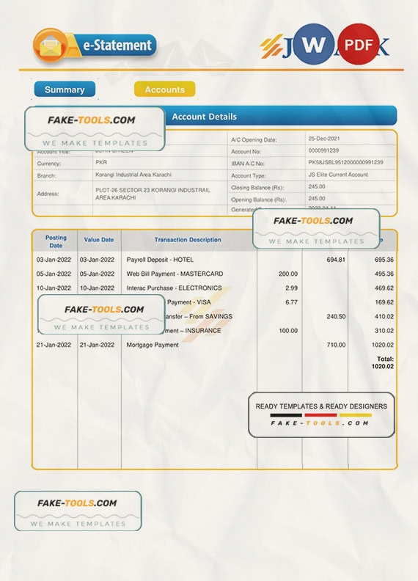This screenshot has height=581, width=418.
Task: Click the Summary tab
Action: [65, 89]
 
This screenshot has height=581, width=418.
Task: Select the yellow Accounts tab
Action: [164, 89]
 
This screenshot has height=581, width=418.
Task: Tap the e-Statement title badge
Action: [118, 45]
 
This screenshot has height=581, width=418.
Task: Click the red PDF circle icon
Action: [359, 44]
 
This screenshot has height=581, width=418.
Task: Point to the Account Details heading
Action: [204, 117]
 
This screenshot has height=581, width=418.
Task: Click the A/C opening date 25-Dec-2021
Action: [324, 139]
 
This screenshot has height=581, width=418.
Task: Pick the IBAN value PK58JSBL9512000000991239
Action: [345, 163]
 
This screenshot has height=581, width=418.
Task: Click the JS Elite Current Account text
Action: [337, 175]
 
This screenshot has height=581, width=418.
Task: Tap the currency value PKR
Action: [101, 163]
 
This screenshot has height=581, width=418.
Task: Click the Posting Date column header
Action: [56, 241]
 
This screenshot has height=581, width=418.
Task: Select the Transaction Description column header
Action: [188, 240]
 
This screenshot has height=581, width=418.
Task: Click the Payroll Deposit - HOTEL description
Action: [159, 260]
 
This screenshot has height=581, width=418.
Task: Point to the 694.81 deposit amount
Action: [336, 260]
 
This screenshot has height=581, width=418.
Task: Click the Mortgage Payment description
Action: [153, 345]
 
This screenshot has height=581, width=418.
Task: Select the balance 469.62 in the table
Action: [384, 288]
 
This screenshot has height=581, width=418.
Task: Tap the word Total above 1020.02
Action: [385, 359]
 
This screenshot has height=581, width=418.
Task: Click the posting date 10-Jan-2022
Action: [54, 288]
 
